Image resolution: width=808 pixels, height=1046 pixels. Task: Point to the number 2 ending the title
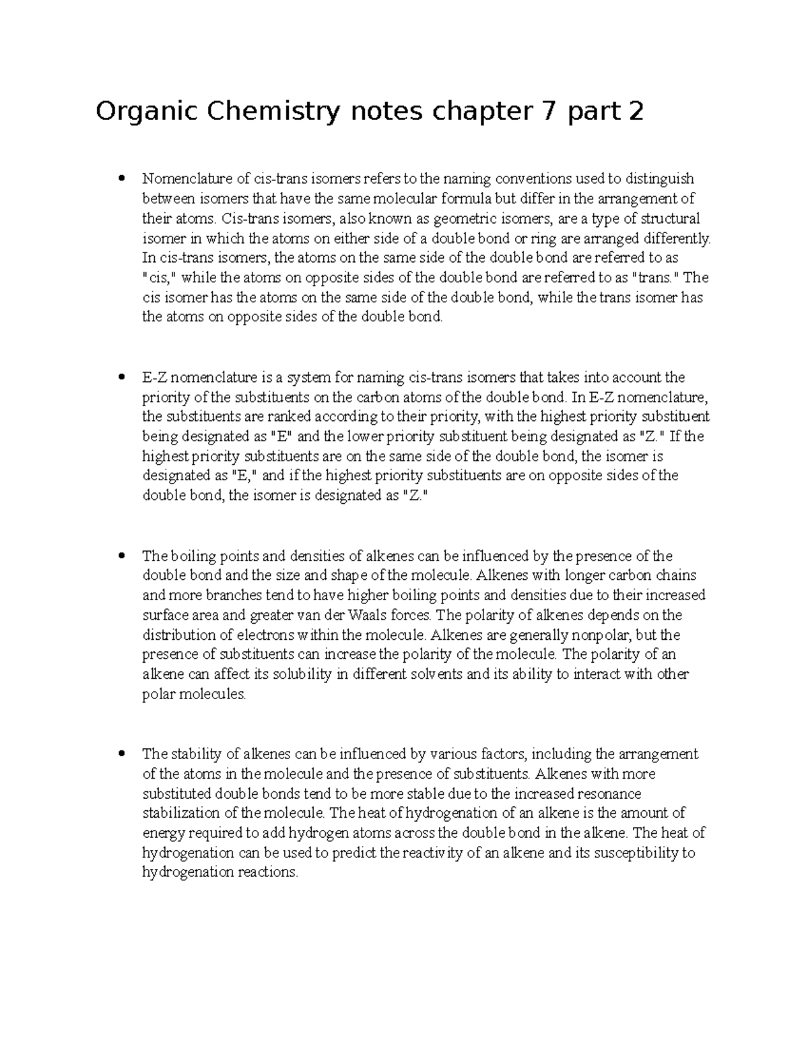[634, 112]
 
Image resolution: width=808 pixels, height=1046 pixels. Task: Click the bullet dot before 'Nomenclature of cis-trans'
[121, 178]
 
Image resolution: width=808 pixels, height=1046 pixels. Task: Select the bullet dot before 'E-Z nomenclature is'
[121, 377]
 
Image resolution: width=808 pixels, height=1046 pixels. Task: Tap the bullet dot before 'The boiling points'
[121, 556]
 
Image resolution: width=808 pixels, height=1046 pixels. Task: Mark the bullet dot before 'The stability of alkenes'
[121, 754]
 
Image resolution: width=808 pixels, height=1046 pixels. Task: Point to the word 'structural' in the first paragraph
[669, 218]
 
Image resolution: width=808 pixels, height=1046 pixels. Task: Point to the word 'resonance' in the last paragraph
[610, 793]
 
